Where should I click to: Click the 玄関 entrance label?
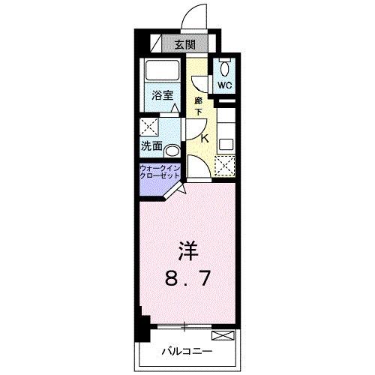186,44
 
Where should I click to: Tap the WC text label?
226,85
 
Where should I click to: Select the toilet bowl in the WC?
226,67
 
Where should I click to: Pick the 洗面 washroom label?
151,145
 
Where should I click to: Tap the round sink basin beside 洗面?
172,148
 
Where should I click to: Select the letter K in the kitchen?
203,137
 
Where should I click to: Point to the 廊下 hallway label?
199,106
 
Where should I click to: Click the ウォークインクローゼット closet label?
158,172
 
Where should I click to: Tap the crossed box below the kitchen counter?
225,163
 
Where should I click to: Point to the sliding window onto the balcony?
184,326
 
